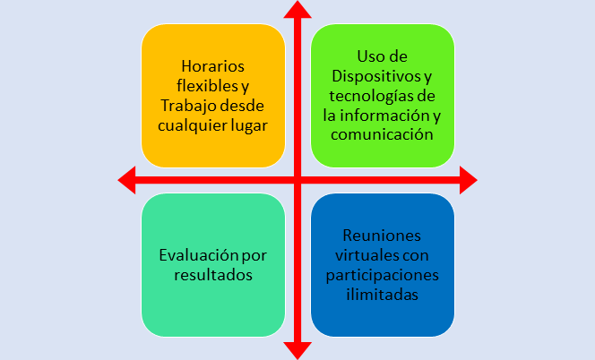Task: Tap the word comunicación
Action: pos(383,135)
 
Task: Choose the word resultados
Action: pos(212,275)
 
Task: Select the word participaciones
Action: pos(383,275)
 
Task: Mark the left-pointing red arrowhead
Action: pos(127,181)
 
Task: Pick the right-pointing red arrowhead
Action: pos(467,181)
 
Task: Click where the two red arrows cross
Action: pos(297,181)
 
